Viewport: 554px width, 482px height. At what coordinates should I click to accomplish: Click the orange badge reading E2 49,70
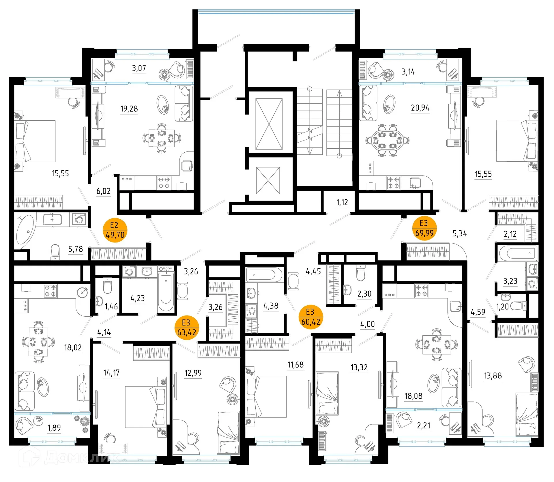pos(115,230)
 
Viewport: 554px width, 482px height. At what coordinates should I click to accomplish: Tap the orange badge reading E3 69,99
pos(424,228)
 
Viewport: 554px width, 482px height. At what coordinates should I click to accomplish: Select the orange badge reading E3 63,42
pos(187,328)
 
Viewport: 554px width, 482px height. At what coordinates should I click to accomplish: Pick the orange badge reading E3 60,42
pos(310,317)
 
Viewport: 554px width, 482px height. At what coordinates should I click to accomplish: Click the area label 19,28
pos(129,109)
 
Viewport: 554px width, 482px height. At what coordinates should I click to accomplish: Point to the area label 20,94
pos(420,108)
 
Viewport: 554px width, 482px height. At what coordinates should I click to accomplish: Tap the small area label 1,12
pos(342,203)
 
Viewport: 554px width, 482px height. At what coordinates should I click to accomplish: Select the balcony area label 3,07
pos(139,68)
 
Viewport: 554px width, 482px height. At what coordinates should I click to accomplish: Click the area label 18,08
pos(413,396)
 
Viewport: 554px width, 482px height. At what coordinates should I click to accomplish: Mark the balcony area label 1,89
pos(54,428)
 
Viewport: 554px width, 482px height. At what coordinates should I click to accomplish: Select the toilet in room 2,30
pos(361,273)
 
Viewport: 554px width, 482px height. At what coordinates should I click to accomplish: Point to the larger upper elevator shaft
pos(269,124)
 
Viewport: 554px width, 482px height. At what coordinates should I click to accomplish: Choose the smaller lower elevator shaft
pos(268,181)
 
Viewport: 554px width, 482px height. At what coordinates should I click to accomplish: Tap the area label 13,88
pos(493,375)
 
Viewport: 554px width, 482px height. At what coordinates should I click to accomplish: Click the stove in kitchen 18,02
pos(50,291)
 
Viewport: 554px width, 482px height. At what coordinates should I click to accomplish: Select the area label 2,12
pos(510,234)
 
